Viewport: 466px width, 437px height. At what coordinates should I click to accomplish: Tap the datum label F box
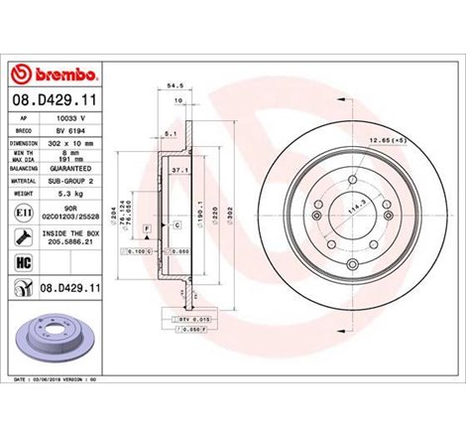(147, 228)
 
